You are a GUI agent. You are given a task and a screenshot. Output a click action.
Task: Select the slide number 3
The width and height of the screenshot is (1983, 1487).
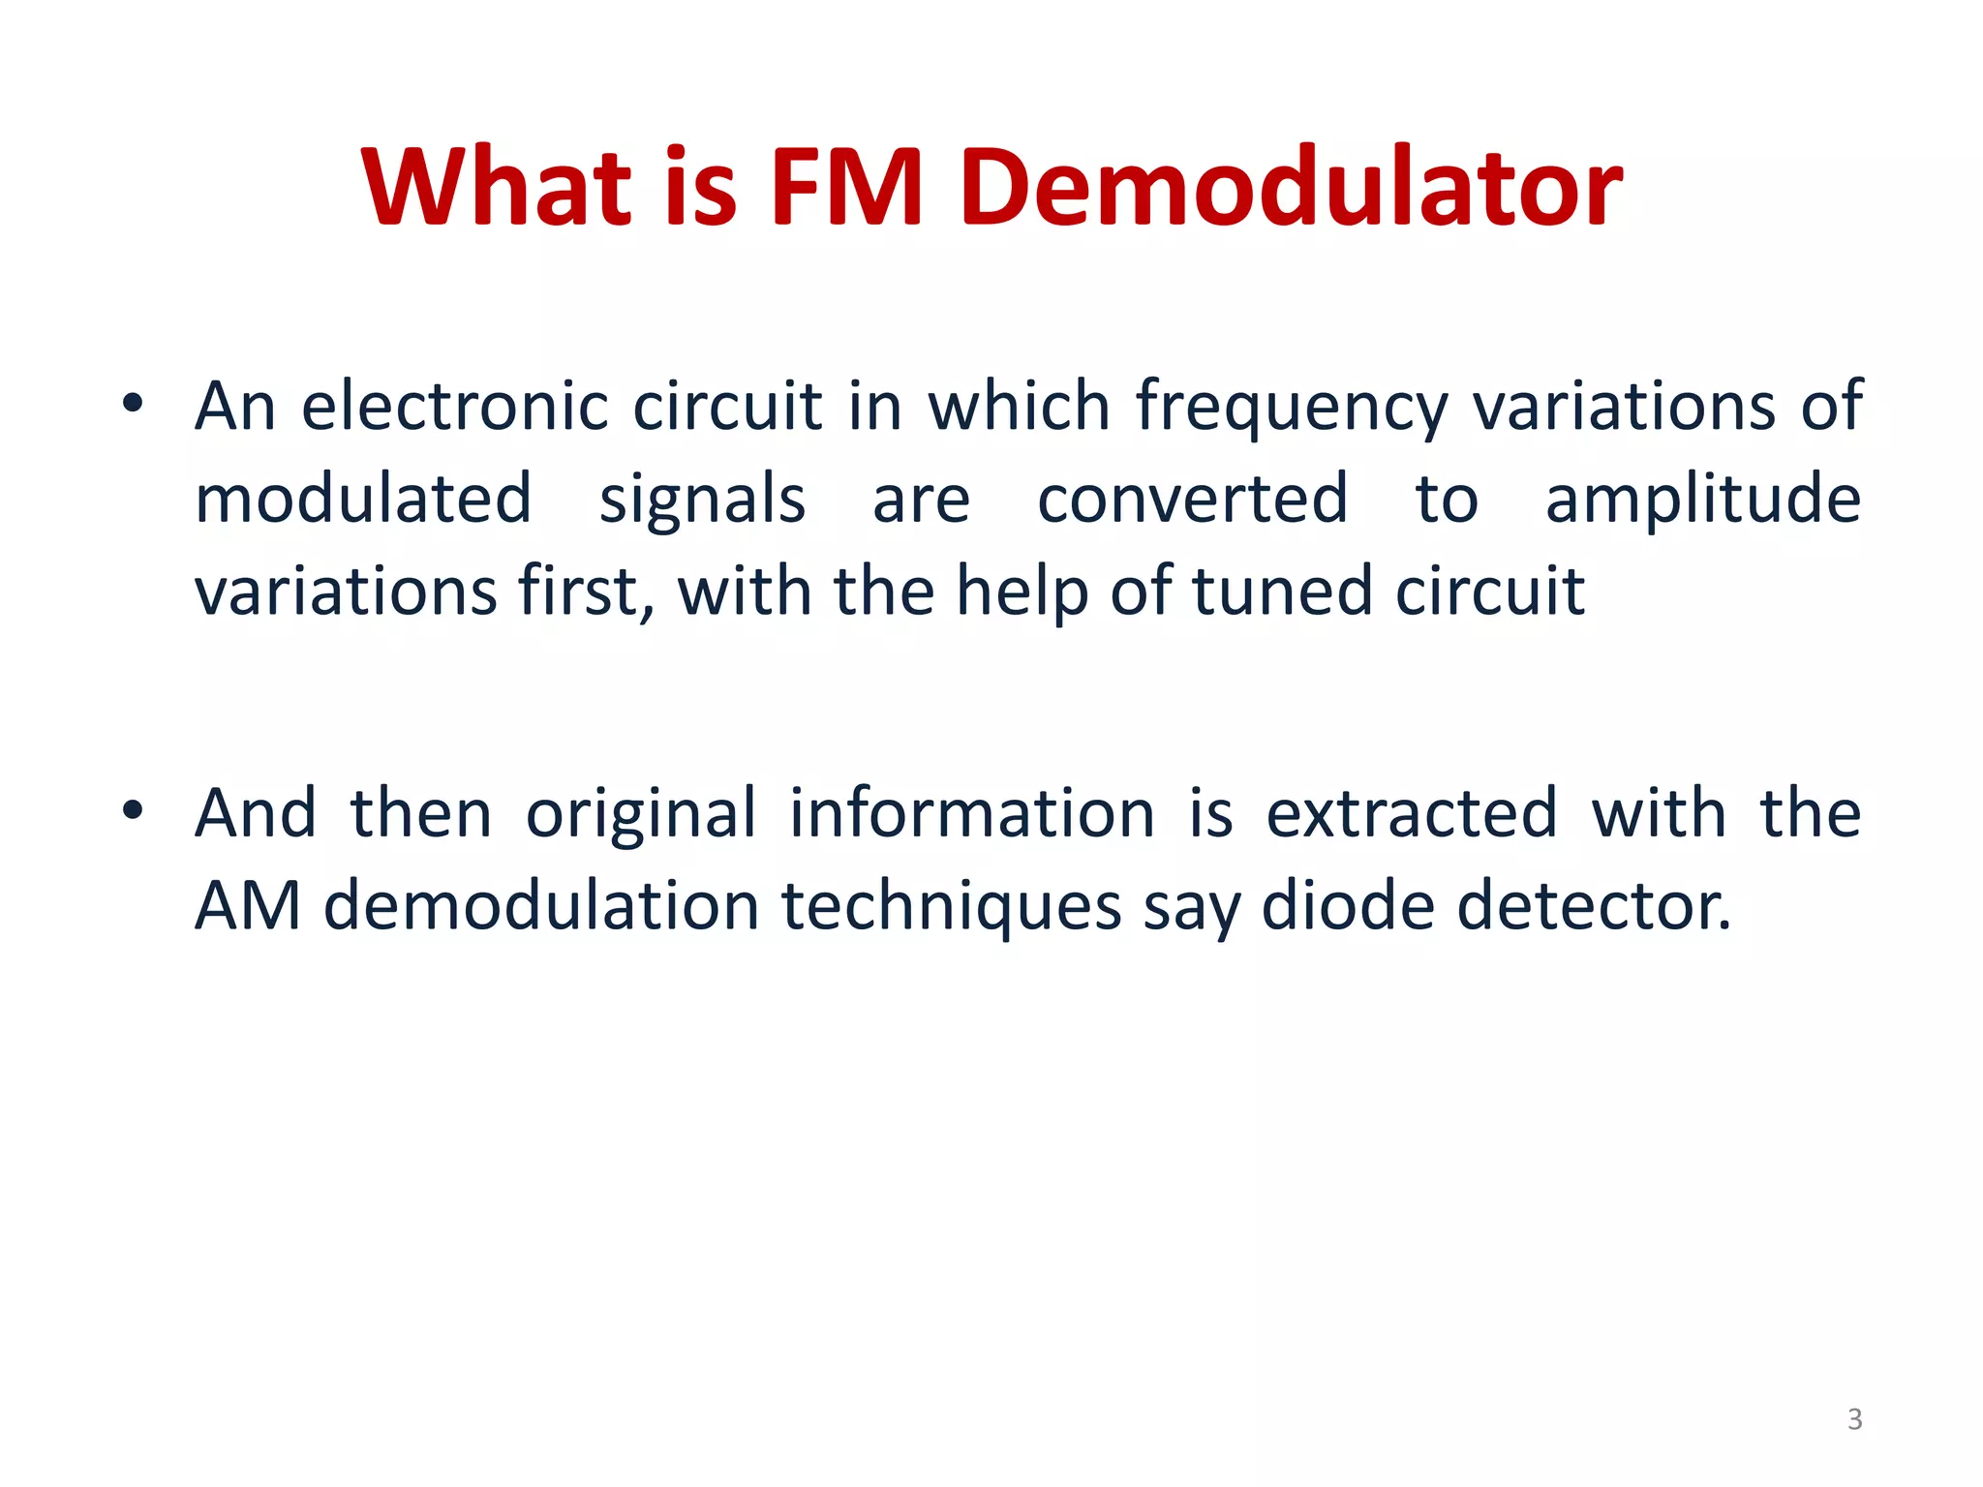point(1854,1419)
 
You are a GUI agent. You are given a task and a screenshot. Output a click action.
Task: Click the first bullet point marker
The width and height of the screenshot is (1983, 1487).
point(134,404)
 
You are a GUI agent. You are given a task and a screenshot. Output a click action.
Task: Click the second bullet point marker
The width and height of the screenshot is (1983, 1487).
point(134,810)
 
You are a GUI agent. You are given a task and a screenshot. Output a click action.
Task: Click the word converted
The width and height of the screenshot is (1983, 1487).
point(1192,500)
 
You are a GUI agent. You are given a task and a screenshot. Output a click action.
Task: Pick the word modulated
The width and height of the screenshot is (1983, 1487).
point(363,500)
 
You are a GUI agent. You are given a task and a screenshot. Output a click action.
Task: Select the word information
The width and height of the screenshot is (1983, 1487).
point(972,813)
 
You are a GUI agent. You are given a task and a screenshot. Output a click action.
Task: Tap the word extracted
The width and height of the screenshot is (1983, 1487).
point(1412,813)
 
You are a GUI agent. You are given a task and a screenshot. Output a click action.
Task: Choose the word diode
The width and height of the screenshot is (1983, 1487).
point(1347,906)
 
